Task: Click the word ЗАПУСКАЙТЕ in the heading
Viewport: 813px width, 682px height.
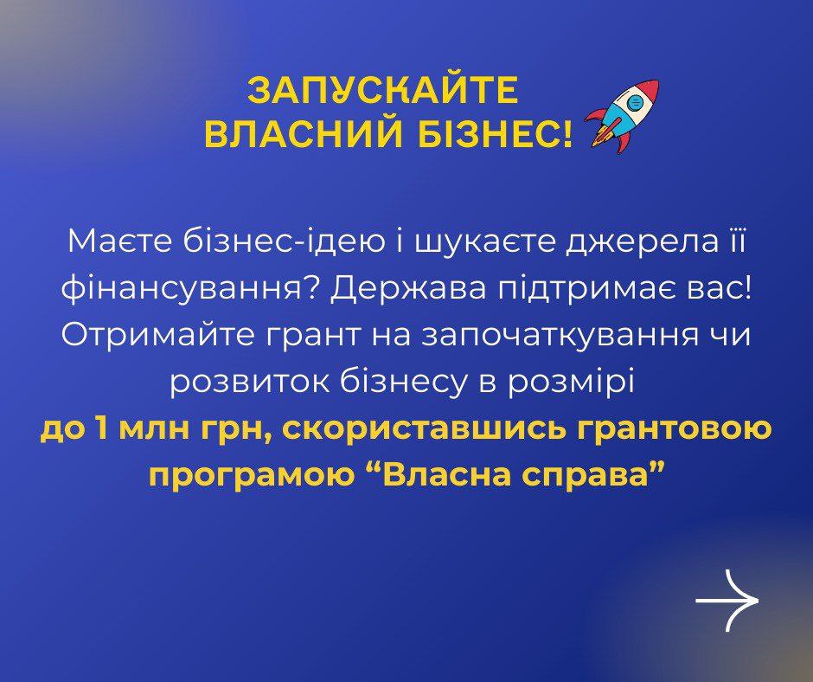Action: (x=382, y=91)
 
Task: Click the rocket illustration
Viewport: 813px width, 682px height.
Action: (x=622, y=116)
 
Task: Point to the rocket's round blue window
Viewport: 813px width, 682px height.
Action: (x=636, y=102)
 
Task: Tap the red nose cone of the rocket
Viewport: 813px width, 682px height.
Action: (x=650, y=88)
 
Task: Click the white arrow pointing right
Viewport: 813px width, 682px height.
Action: (x=727, y=601)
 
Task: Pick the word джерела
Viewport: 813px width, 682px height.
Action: (x=641, y=243)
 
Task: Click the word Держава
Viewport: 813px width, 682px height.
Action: (x=410, y=290)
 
